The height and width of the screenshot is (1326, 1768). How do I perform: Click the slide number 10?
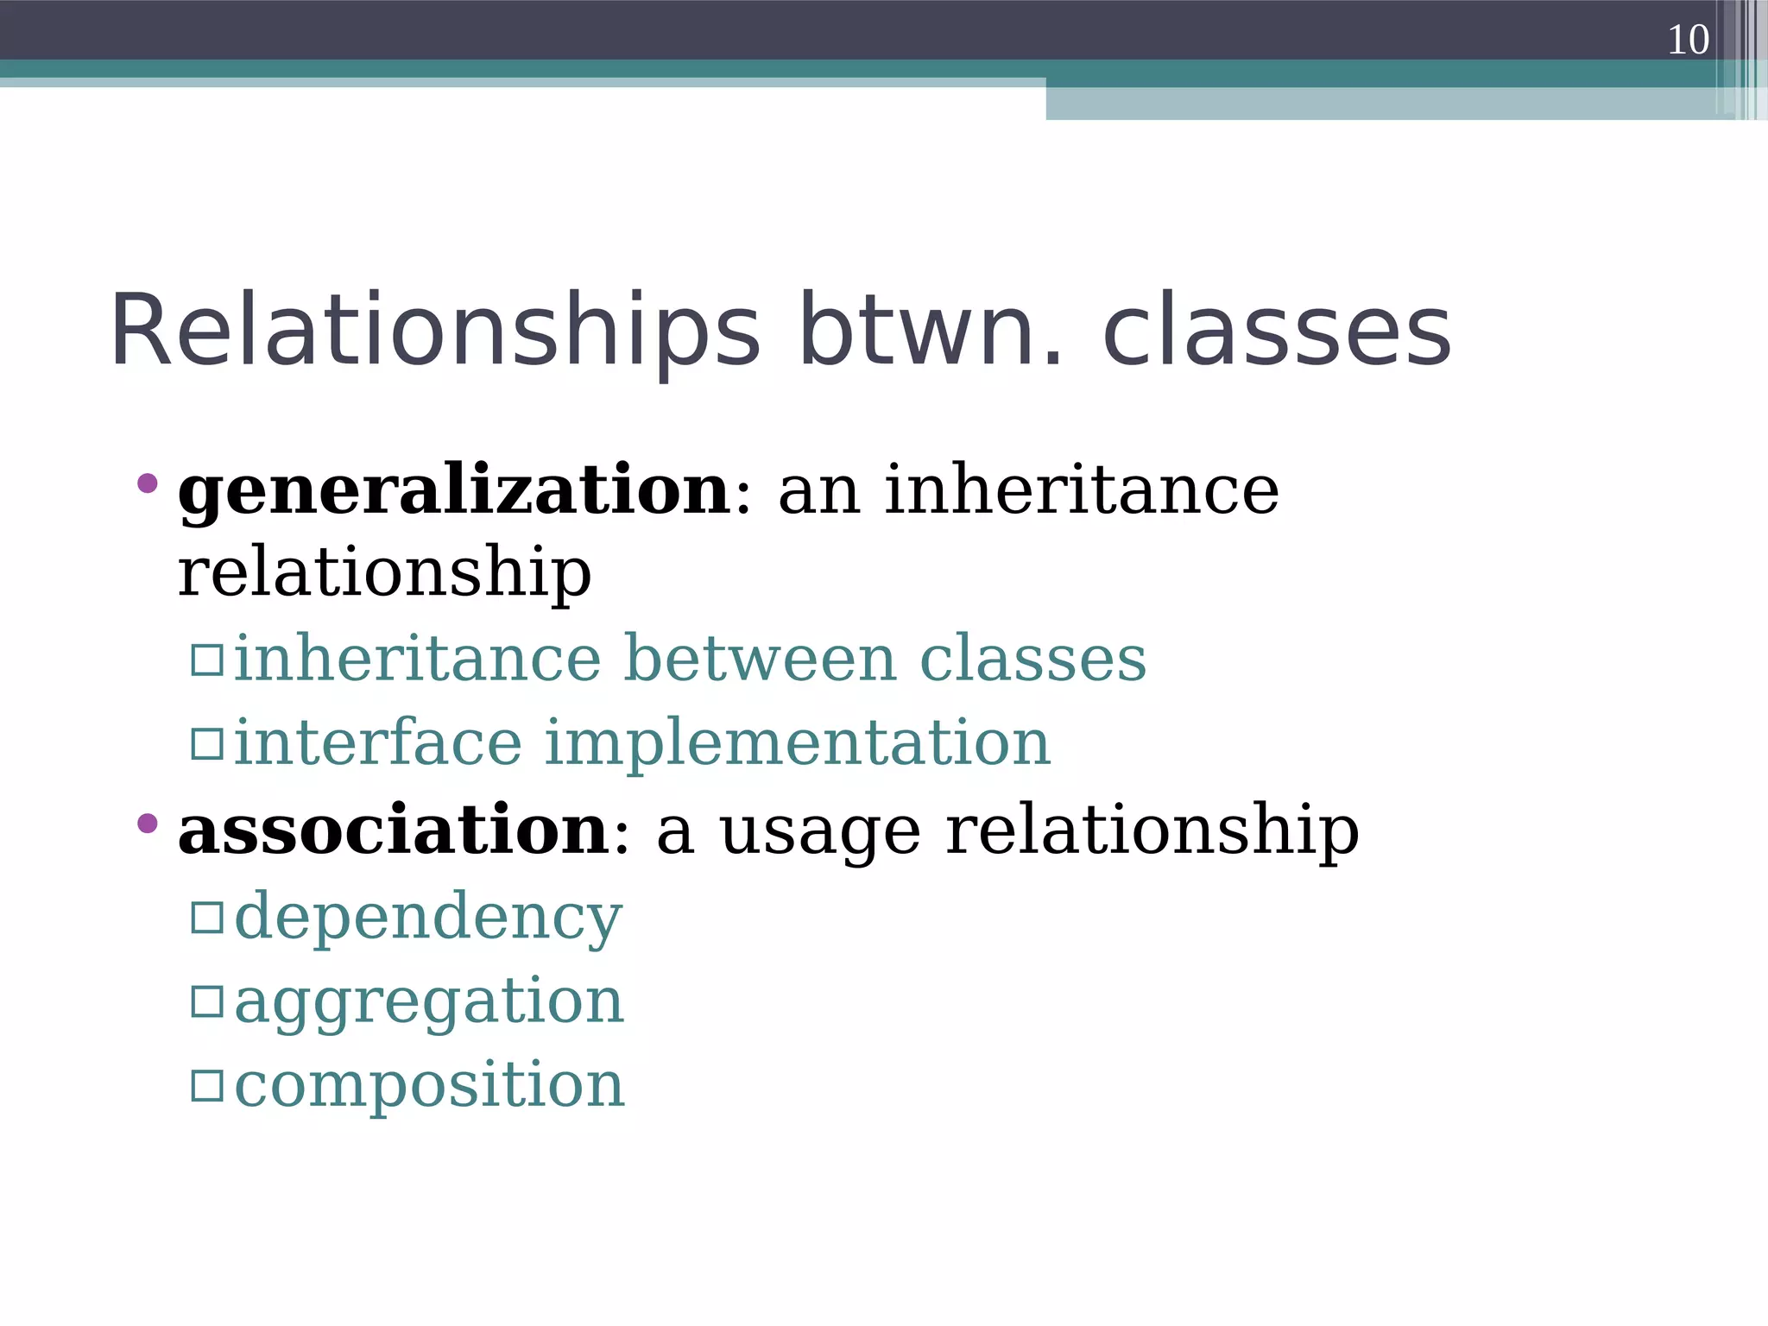pyautogui.click(x=1687, y=40)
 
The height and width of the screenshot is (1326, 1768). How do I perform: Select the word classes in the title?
pyautogui.click(x=1277, y=331)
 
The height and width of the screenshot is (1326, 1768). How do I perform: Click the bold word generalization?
pyautogui.click(x=454, y=490)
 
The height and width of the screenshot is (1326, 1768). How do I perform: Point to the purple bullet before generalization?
pyautogui.click(x=148, y=483)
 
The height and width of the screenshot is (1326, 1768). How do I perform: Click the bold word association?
pyautogui.click(x=394, y=830)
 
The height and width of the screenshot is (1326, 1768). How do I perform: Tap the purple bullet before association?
pyautogui.click(x=148, y=823)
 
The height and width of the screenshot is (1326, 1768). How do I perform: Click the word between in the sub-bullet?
pyautogui.click(x=760, y=659)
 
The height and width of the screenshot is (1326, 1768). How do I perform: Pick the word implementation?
pyautogui.click(x=797, y=743)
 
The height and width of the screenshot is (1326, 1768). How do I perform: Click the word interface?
pyautogui.click(x=378, y=742)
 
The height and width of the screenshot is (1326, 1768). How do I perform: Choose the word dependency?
pyautogui.click(x=428, y=918)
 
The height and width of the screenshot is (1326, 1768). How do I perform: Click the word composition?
pyautogui.click(x=429, y=1085)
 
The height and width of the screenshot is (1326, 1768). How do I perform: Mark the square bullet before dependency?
pyautogui.click(x=207, y=917)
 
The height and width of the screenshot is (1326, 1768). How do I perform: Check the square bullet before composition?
pyautogui.click(x=207, y=1085)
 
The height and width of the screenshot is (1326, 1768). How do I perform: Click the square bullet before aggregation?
pyautogui.click(x=207, y=1001)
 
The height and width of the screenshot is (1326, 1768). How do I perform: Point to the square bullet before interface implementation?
pyautogui.click(x=207, y=743)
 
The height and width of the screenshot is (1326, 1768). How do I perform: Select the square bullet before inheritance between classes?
pyautogui.click(x=207, y=660)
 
